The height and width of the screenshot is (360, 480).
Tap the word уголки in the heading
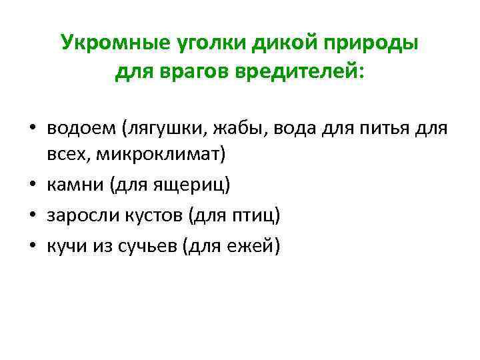coord(203,43)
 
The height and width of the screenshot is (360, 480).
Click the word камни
coord(72,185)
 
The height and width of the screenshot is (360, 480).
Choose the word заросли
coord(79,215)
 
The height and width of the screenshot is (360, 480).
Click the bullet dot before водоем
coord(31,128)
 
